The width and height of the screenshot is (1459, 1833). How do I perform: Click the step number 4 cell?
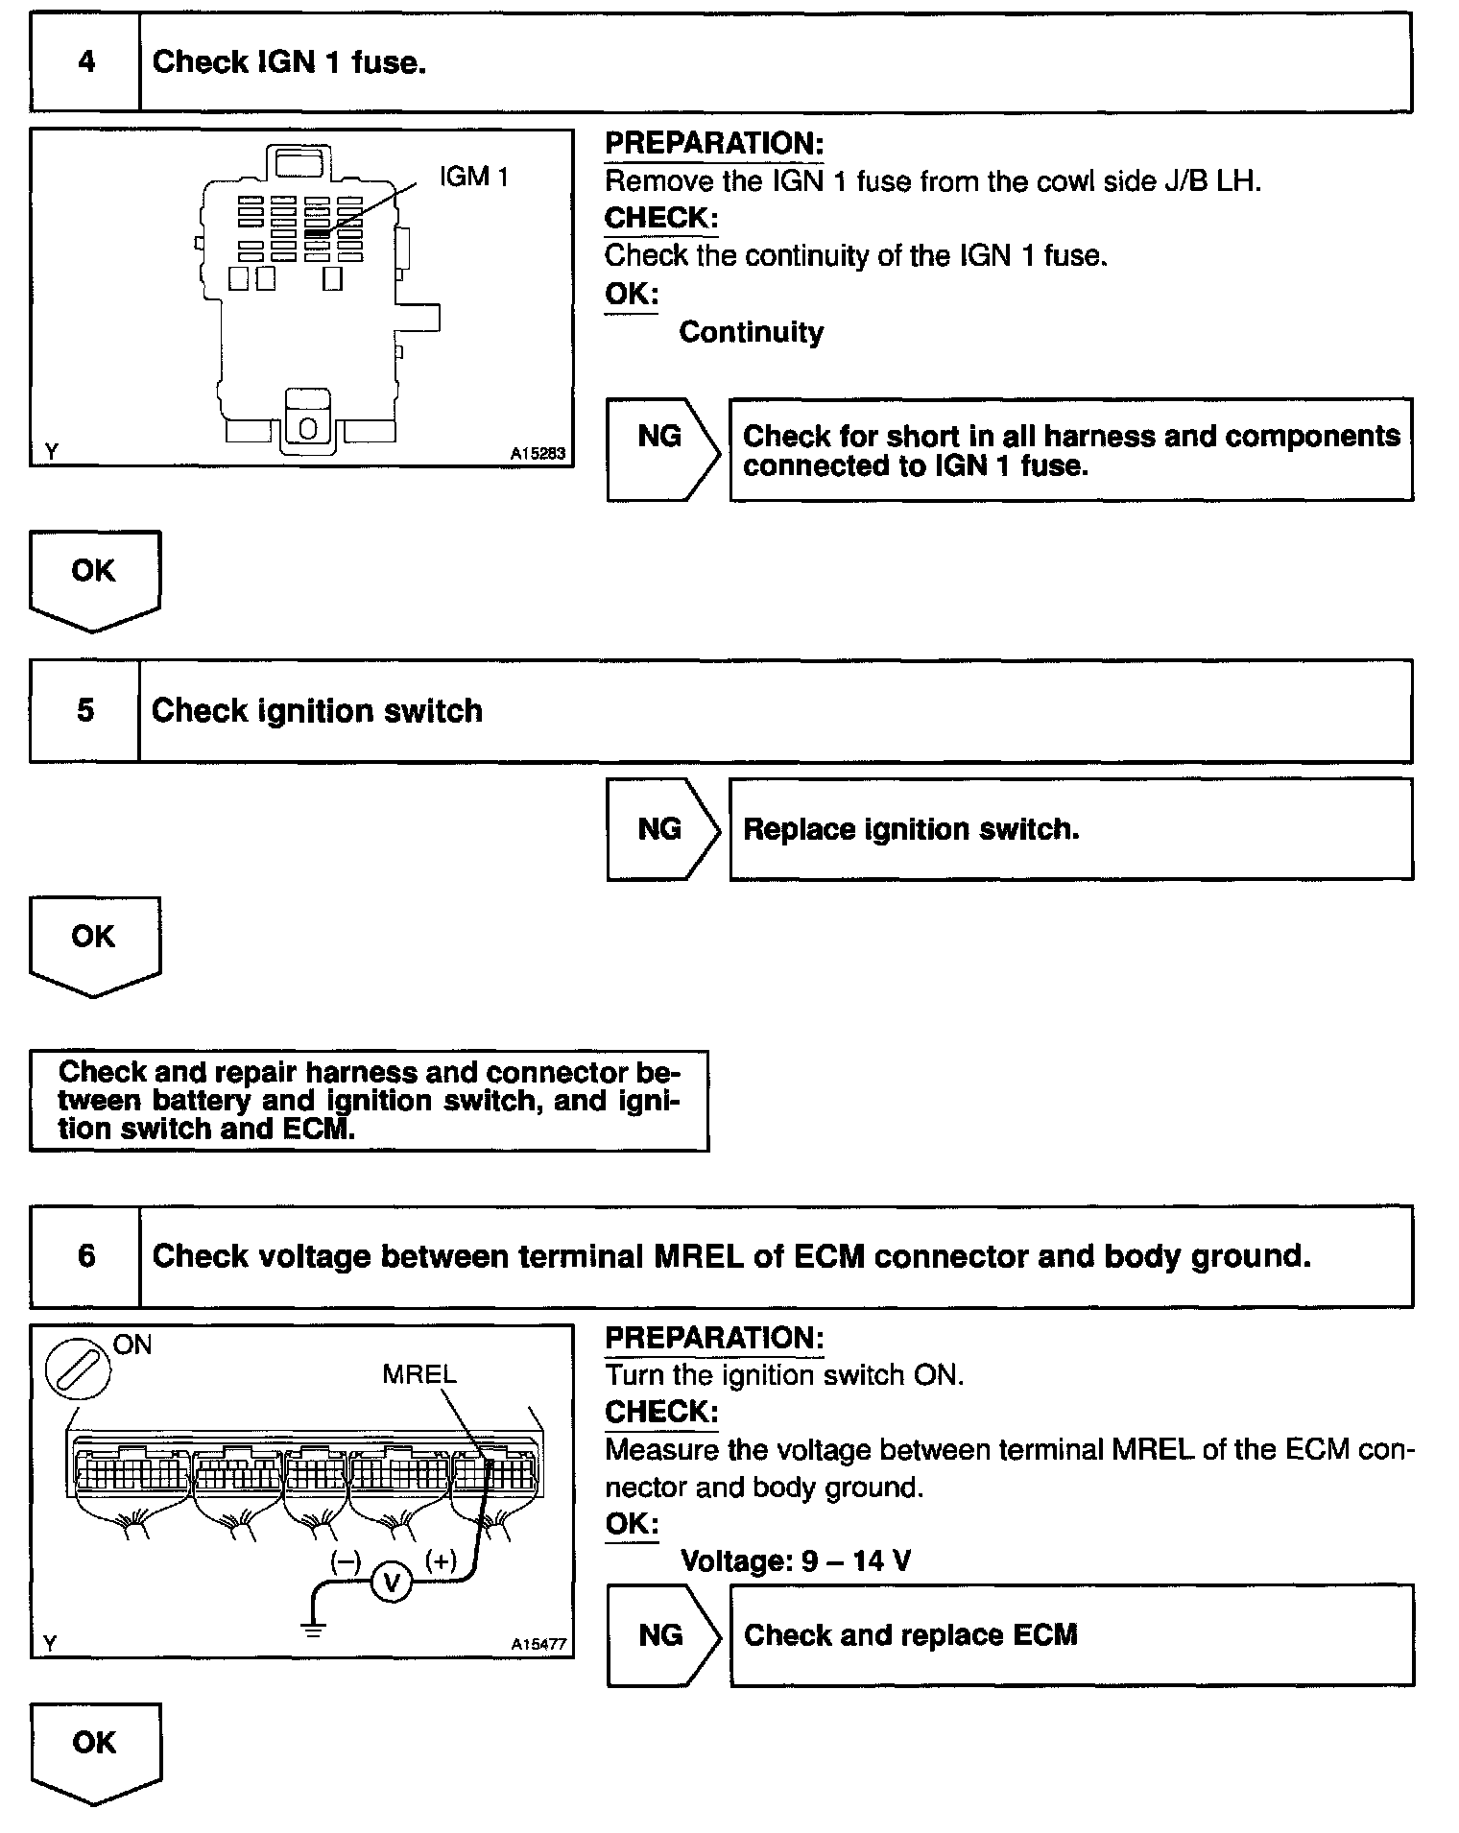click(86, 63)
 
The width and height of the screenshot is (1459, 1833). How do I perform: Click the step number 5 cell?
click(86, 711)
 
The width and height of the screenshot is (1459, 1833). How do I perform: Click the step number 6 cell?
click(86, 1256)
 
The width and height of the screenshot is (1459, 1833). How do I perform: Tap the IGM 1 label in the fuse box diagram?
click(473, 177)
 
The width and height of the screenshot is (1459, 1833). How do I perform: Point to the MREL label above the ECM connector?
click(419, 1374)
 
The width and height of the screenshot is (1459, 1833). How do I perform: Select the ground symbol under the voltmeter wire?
click(314, 1629)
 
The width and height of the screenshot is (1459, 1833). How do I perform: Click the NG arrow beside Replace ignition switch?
click(662, 829)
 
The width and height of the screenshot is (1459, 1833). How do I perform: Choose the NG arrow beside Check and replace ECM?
click(662, 1635)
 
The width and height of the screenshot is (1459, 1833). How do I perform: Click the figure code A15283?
click(538, 454)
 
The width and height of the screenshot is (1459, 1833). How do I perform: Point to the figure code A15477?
click(538, 1644)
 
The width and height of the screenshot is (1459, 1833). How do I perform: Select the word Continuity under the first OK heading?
click(751, 333)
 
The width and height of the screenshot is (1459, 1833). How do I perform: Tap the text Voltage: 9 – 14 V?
click(795, 1561)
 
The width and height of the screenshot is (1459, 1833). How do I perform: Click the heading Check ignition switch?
click(317, 711)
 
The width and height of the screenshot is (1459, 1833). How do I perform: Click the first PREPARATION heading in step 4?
click(714, 144)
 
